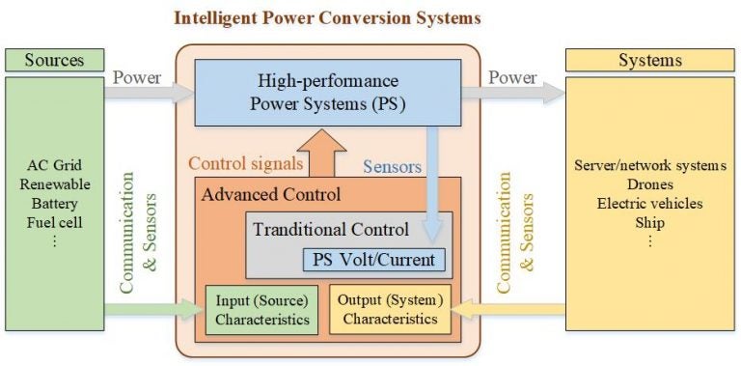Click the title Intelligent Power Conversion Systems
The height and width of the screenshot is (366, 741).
pyautogui.click(x=326, y=18)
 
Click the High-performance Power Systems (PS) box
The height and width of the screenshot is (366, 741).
pyautogui.click(x=326, y=92)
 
